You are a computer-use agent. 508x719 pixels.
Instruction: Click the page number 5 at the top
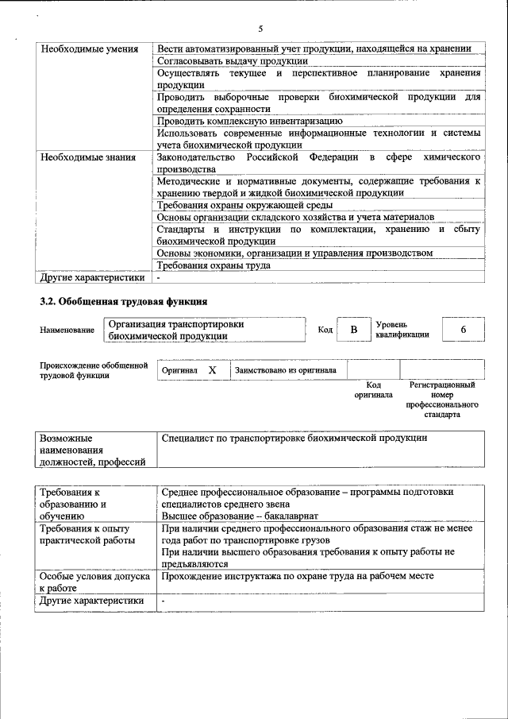click(260, 28)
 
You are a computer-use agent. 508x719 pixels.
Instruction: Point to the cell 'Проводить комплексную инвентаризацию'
click(250, 121)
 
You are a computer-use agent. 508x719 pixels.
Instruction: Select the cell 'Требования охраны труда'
click(214, 265)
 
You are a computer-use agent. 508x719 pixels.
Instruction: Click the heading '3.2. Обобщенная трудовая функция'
click(124, 302)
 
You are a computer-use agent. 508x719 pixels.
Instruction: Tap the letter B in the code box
click(355, 330)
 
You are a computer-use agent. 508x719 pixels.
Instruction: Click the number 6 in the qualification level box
click(463, 330)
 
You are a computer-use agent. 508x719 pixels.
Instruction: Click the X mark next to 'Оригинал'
click(212, 370)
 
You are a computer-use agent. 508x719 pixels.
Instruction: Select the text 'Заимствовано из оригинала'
click(285, 370)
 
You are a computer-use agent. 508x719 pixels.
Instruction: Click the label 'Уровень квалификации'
click(402, 330)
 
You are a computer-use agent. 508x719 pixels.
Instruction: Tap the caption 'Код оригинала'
click(373, 390)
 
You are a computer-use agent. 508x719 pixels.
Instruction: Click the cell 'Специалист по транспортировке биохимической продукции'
click(294, 438)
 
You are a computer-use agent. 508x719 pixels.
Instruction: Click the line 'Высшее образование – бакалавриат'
click(235, 515)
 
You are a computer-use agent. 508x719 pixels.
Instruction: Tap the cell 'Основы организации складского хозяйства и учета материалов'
click(295, 217)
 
